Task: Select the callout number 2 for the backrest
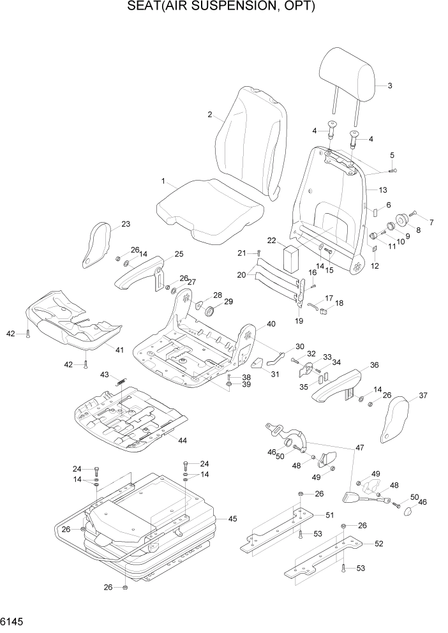pyautogui.click(x=209, y=115)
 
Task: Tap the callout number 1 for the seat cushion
pyautogui.click(x=163, y=182)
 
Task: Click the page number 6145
pyautogui.click(x=13, y=621)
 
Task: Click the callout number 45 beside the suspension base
pyautogui.click(x=232, y=519)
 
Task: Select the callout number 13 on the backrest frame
pyautogui.click(x=383, y=190)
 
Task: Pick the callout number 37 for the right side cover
pyautogui.click(x=422, y=396)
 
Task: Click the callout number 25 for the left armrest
pyautogui.click(x=179, y=254)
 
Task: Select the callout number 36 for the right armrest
pyautogui.click(x=374, y=366)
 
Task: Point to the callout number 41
pyautogui.click(x=119, y=350)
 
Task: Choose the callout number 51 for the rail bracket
pyautogui.click(x=329, y=516)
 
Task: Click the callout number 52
pyautogui.click(x=378, y=544)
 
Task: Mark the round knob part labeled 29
pyautogui.click(x=210, y=311)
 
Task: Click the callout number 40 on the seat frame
pyautogui.click(x=271, y=324)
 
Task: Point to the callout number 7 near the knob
pyautogui.click(x=431, y=222)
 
